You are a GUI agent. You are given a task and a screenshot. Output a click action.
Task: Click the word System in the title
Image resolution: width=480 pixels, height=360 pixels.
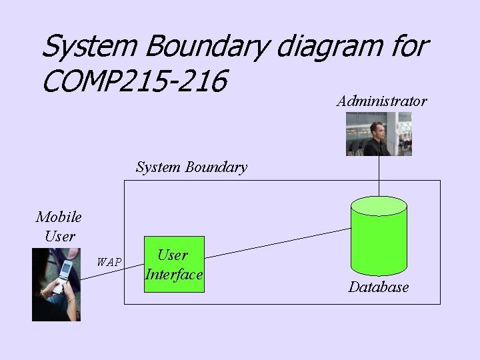88,47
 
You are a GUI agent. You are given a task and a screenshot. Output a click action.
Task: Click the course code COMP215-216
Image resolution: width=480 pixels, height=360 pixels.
134,82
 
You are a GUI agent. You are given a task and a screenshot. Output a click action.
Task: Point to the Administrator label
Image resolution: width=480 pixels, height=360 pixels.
381,101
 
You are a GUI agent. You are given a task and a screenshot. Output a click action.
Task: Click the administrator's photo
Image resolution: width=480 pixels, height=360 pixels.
379,134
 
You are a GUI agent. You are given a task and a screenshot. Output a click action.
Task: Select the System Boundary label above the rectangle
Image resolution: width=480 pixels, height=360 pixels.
191,167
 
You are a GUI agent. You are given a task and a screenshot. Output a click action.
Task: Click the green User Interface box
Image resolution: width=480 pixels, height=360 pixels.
174,265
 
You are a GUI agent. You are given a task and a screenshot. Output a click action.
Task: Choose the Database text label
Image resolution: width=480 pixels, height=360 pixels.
379,287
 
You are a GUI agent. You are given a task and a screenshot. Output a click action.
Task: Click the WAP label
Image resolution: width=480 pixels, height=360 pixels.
109,262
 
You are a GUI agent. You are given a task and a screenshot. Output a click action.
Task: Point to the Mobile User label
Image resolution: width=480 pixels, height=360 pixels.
59,226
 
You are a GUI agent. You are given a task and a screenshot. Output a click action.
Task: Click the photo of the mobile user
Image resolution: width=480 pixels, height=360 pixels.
56,285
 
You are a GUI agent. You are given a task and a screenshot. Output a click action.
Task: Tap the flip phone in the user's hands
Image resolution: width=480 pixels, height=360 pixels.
63,275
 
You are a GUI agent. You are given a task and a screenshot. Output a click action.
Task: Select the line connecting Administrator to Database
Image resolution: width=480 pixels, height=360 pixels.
379,176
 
